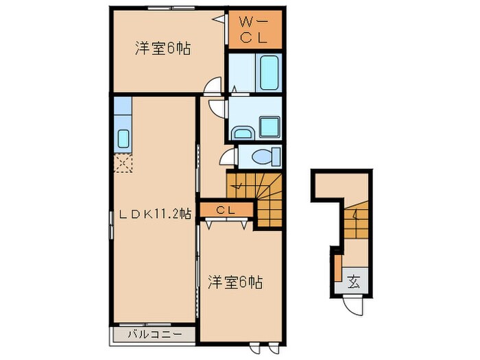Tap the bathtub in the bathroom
267,73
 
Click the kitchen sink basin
123,139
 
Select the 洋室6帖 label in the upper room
163,49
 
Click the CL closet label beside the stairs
226,210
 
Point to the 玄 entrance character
353,280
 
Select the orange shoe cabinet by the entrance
337,267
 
